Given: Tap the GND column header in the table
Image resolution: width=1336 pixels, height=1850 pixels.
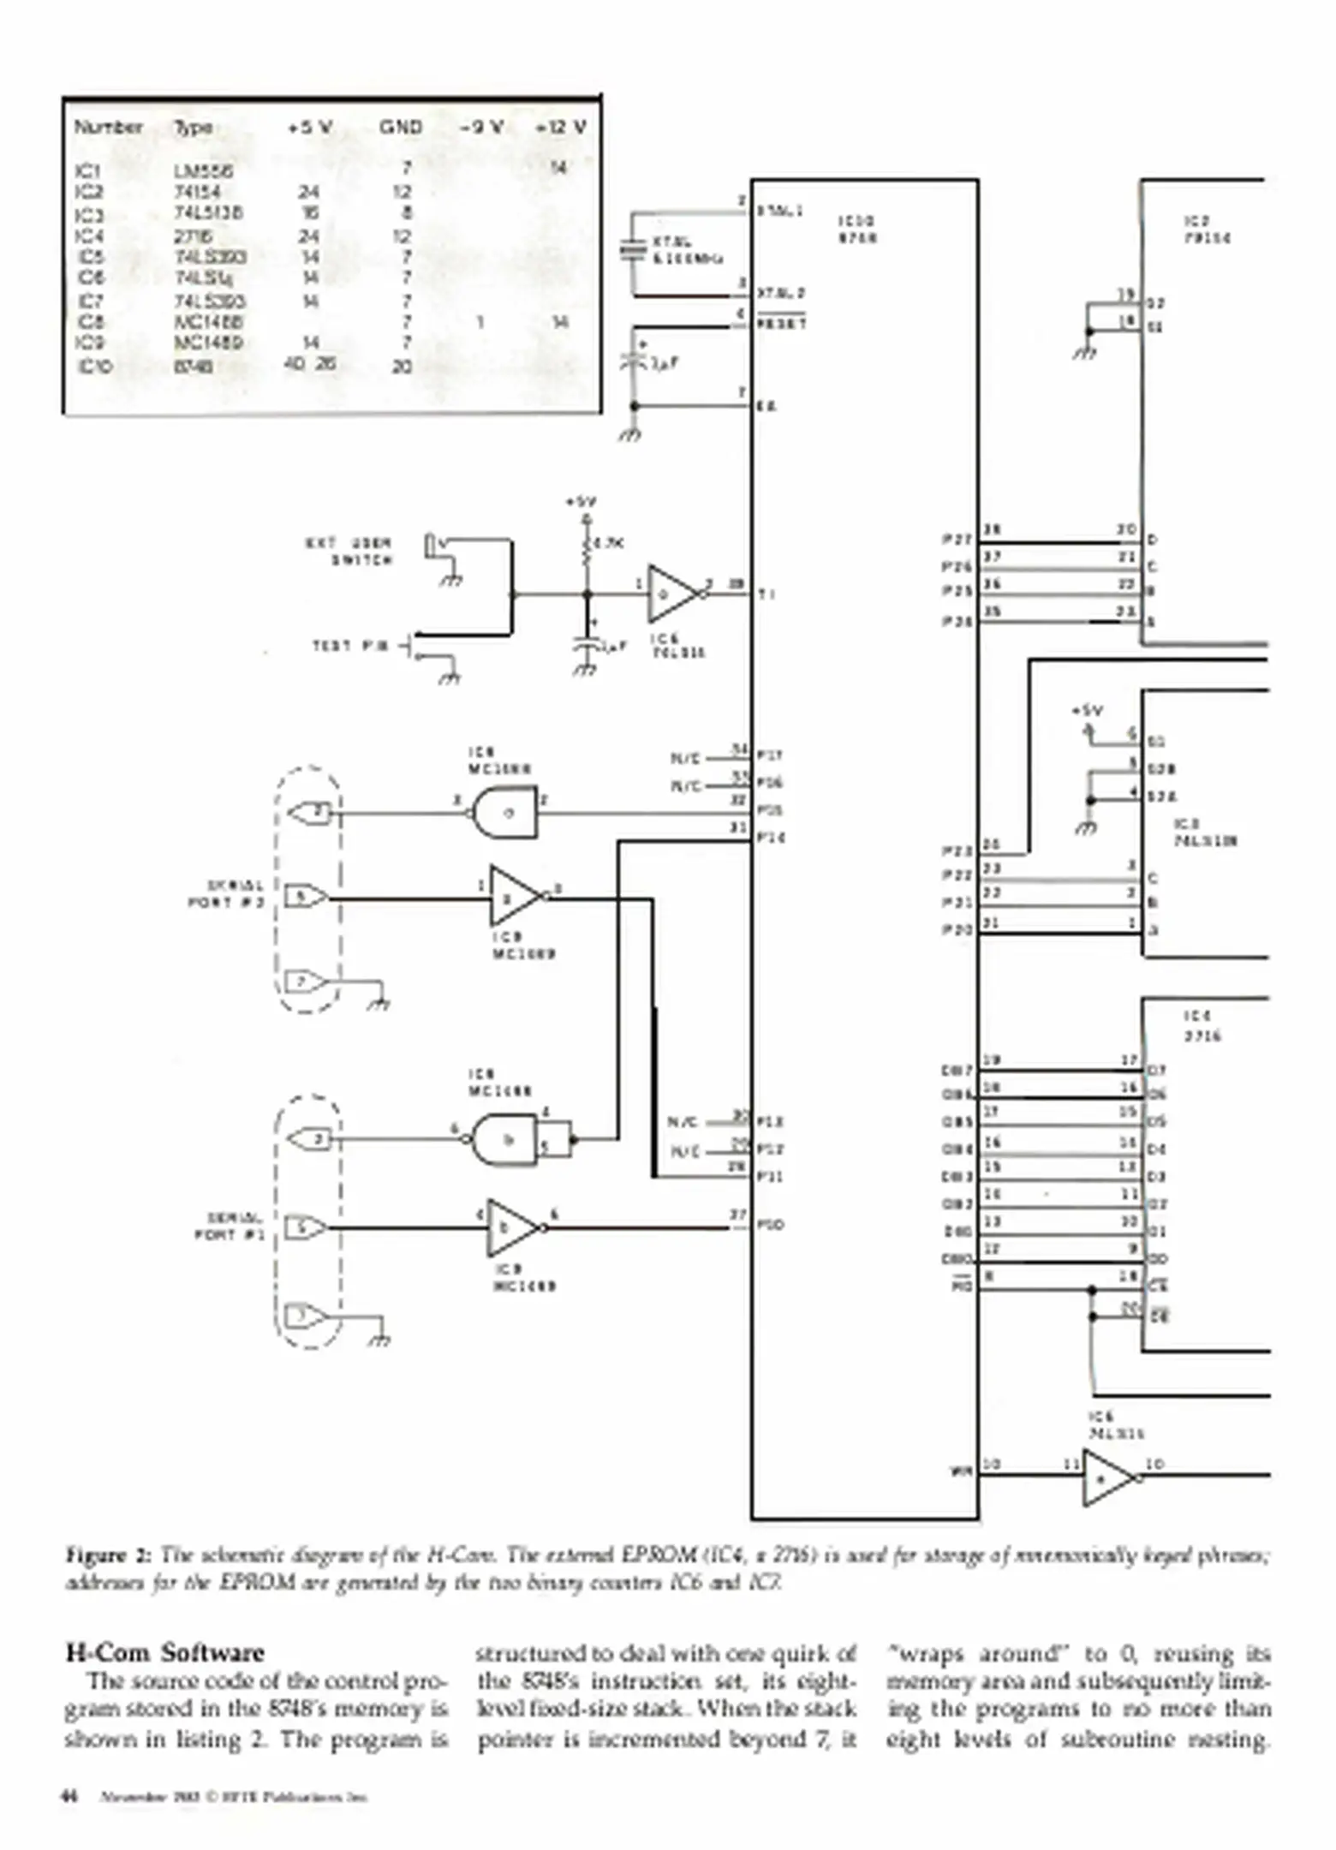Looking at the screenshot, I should [x=401, y=128].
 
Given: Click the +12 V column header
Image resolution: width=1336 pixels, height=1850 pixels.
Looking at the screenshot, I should [x=561, y=128].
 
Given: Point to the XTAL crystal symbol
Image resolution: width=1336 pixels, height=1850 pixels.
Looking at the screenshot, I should [x=633, y=249].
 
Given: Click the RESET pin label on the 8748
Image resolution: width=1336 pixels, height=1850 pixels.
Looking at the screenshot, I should [x=782, y=325].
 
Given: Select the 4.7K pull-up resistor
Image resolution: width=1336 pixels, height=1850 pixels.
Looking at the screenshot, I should [x=587, y=545].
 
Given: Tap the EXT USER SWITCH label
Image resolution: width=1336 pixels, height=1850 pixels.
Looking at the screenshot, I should [x=349, y=552].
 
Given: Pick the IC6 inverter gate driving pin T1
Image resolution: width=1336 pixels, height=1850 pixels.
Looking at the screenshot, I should [x=672, y=594].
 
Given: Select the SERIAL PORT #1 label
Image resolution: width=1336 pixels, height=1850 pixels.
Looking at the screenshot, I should [x=230, y=1226].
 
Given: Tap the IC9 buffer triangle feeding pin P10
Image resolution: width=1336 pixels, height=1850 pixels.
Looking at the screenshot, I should [x=513, y=1228].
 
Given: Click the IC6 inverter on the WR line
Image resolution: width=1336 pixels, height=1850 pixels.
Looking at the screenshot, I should [x=1107, y=1477].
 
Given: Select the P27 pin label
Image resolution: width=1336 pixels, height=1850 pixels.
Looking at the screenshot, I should [x=957, y=540].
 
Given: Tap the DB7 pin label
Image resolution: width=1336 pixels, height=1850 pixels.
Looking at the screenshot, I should [x=957, y=1070].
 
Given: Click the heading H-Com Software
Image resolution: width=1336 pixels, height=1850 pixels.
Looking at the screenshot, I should [x=164, y=1652].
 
